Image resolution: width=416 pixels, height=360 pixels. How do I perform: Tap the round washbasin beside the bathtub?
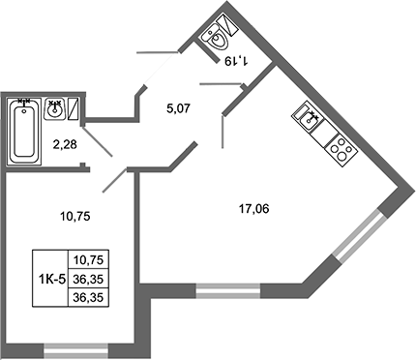tap(55, 109)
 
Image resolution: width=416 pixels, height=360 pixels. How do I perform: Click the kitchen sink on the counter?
tap(309, 121)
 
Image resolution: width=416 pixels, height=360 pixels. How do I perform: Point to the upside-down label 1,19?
tap(236, 60)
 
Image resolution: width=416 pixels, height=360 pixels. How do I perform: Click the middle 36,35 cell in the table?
tap(90, 279)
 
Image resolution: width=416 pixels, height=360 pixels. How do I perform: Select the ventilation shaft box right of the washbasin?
tap(74, 108)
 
